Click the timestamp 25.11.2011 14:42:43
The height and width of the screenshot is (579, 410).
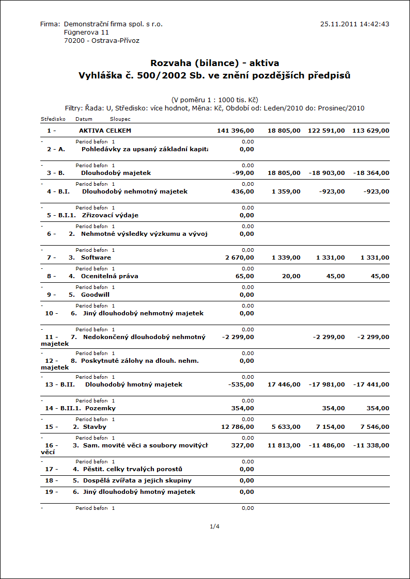(x=354, y=24)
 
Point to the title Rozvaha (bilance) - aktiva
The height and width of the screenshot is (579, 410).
(x=215, y=63)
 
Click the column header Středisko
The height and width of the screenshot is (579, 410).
(x=53, y=119)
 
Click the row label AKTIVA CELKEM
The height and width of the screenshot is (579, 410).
(x=105, y=131)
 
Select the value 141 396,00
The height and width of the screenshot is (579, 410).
(x=235, y=131)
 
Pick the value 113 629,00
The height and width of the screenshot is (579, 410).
(x=371, y=131)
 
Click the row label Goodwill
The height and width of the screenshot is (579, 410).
(x=95, y=295)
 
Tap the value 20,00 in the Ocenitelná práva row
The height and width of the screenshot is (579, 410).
(x=291, y=276)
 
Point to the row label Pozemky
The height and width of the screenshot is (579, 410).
(x=100, y=408)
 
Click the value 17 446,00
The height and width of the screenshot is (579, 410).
(x=284, y=384)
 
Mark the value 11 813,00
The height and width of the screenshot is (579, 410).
(x=284, y=445)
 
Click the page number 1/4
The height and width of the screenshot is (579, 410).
(x=215, y=526)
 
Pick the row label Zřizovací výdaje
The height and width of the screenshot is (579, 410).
(x=110, y=215)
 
